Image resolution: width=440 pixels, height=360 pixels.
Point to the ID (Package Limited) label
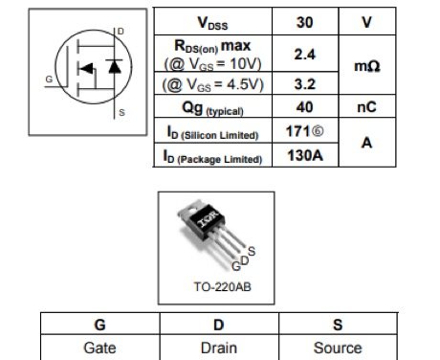212,156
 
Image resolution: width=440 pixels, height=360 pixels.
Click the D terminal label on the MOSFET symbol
120,32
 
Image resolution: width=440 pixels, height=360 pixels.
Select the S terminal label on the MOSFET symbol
121,113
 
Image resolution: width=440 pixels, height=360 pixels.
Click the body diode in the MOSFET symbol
114,68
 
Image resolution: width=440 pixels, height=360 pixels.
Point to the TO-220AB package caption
216,285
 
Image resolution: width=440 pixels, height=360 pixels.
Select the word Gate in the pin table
99,349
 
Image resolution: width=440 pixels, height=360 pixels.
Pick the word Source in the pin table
339,349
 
